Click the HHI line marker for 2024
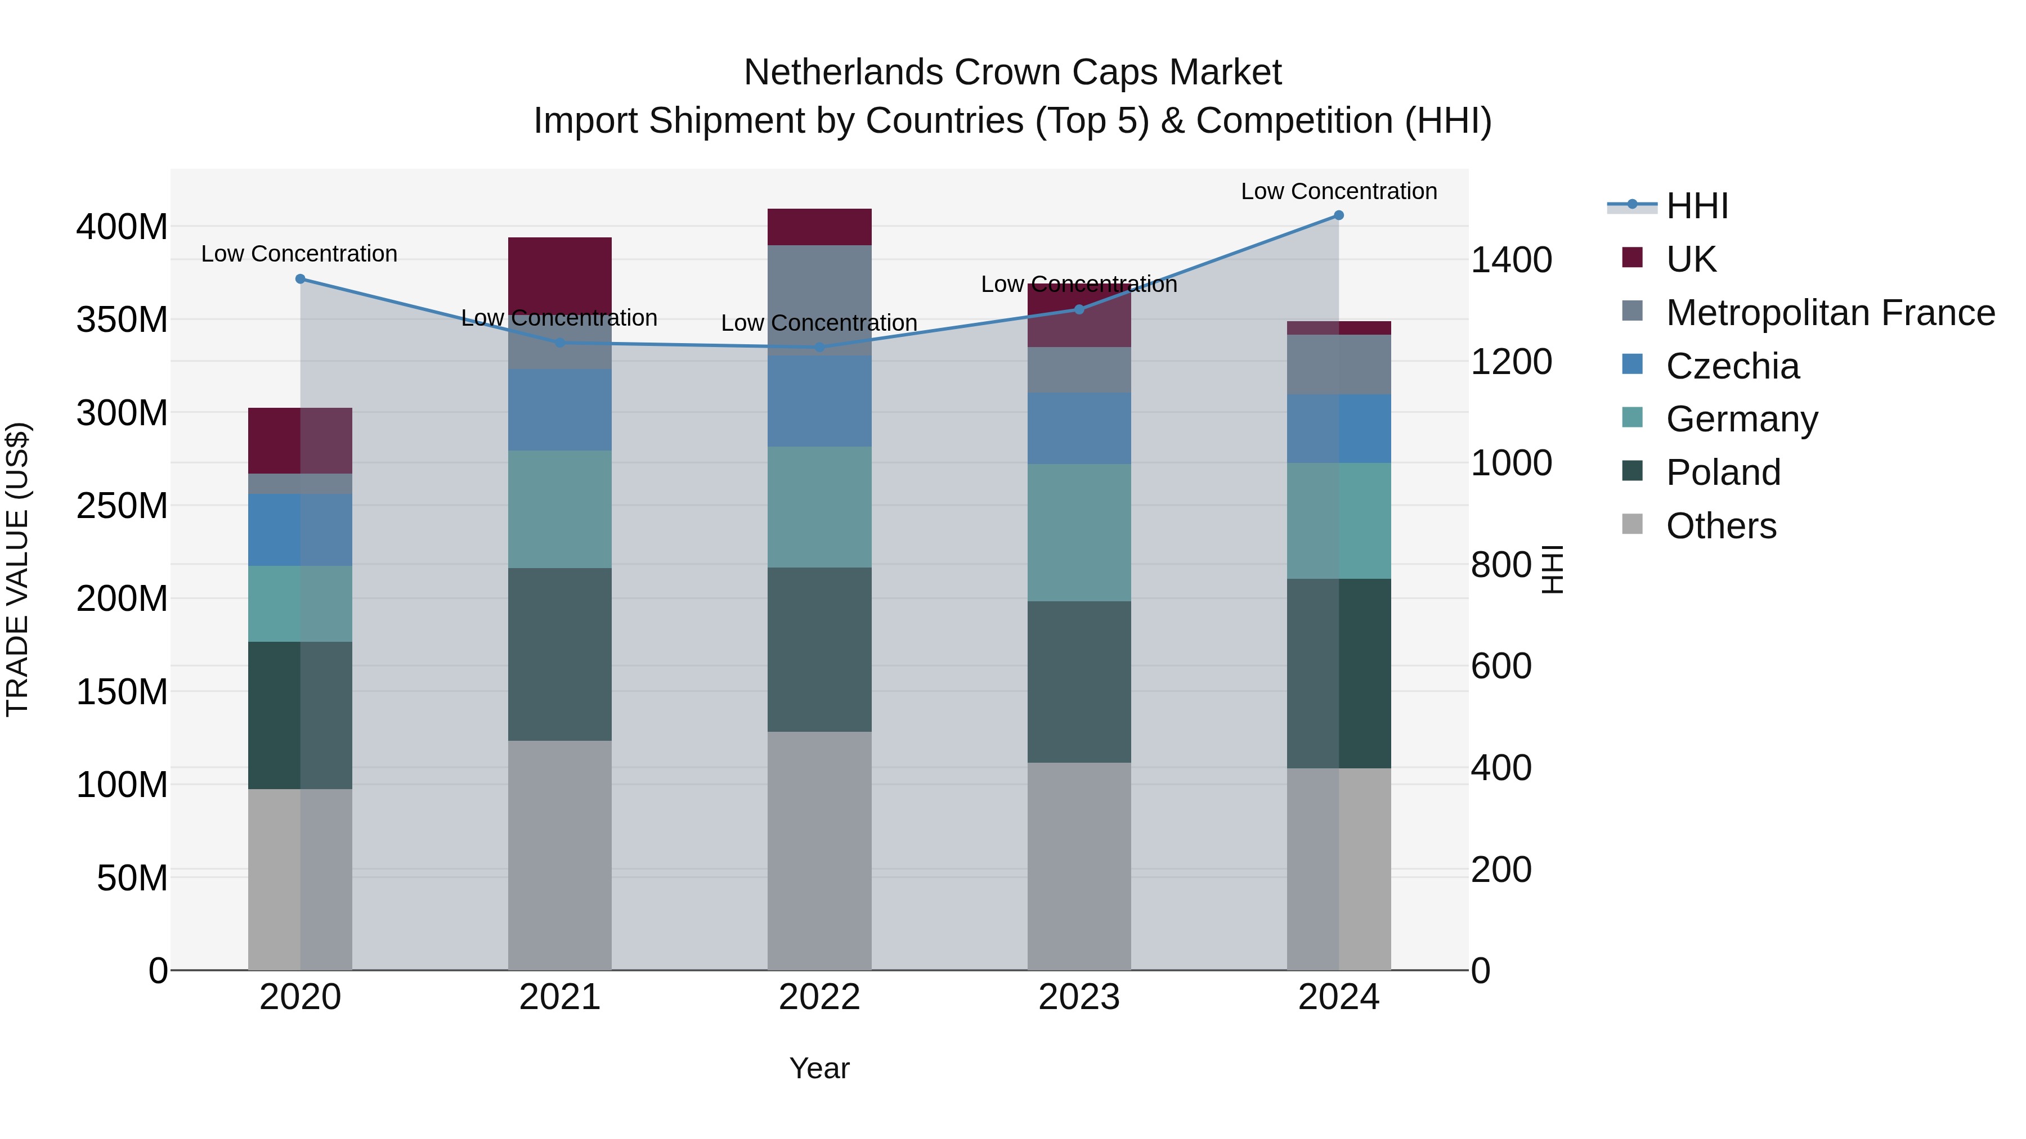point(1339,215)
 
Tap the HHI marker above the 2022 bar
point(819,346)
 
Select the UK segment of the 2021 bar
point(559,275)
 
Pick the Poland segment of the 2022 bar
point(819,649)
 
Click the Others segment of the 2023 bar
point(1079,865)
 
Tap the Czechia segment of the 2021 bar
point(559,409)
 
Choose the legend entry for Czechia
point(1731,366)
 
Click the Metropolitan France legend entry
point(1830,313)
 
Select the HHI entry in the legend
point(1696,206)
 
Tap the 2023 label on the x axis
point(1079,997)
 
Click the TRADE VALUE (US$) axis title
point(17,569)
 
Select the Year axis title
point(819,1068)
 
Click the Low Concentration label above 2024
point(1339,191)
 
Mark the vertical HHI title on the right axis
point(1552,569)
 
